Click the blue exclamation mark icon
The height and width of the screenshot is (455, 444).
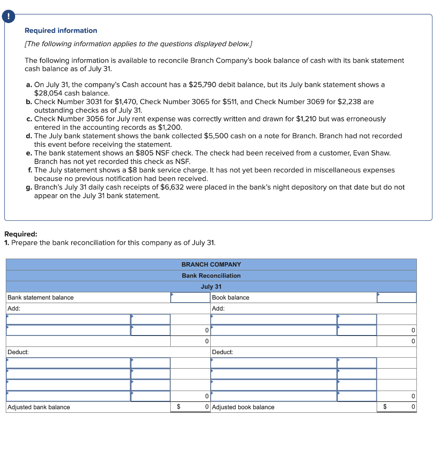click(x=8, y=17)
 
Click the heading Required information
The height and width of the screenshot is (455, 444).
click(x=61, y=31)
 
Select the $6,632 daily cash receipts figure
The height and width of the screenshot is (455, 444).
click(x=171, y=187)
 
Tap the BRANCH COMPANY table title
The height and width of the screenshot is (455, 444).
click(x=211, y=264)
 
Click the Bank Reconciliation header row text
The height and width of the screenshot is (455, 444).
click(x=211, y=275)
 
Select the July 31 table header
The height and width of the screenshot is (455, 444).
click(x=211, y=287)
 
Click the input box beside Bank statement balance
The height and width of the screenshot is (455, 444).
click(x=190, y=298)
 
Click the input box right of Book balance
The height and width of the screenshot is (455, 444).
click(x=396, y=298)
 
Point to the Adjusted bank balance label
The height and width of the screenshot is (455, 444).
click(x=39, y=407)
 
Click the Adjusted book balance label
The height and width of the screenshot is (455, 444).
click(x=243, y=407)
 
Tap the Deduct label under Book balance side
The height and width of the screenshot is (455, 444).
click(x=222, y=352)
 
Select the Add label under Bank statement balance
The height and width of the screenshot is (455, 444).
click(x=14, y=308)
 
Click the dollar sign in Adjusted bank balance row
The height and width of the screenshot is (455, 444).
click(x=179, y=407)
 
